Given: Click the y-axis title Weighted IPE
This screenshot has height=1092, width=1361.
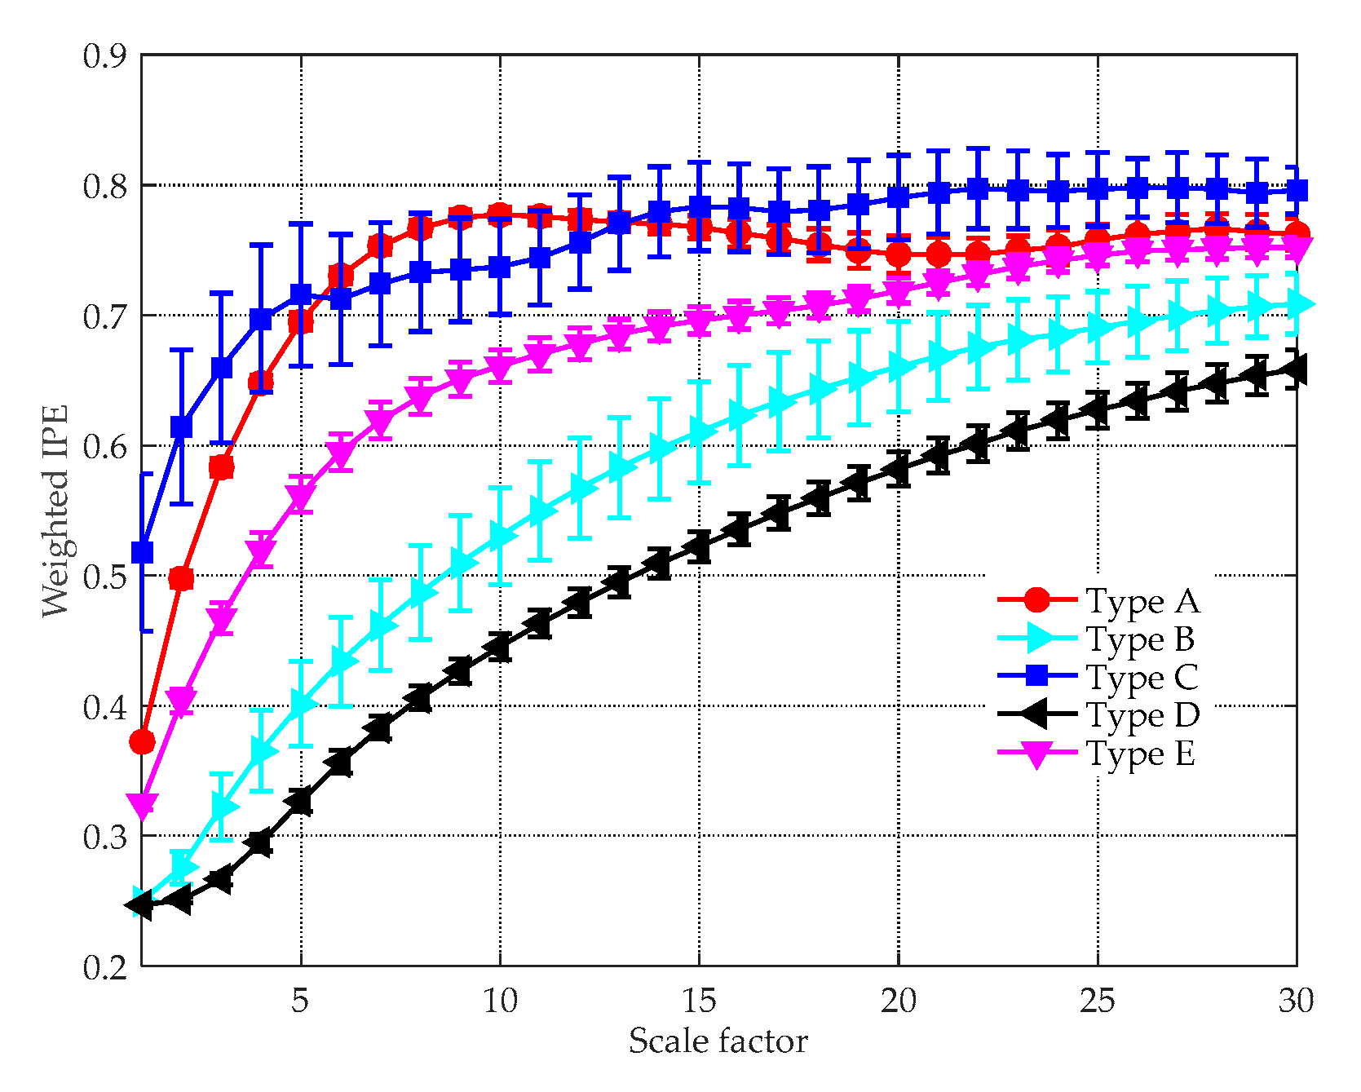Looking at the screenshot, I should point(55,511).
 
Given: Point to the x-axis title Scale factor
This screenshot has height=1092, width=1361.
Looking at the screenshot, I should point(718,1041).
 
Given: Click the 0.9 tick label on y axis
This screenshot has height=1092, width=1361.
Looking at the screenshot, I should point(105,55).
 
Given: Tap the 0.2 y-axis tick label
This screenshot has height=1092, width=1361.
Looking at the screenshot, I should point(105,967).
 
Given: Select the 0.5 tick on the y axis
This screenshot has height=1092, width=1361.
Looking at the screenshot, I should point(105,577).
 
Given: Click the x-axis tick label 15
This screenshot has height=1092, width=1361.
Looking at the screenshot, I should point(699,1001).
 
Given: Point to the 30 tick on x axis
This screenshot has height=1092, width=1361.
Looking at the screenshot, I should point(1296,1001).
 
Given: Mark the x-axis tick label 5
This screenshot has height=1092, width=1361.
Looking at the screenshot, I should point(301,1001).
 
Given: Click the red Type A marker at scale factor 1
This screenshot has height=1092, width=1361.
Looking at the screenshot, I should point(143,742).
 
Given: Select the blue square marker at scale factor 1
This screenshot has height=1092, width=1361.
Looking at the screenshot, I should point(143,553).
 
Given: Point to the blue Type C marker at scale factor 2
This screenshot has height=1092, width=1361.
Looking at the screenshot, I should point(182,427).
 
